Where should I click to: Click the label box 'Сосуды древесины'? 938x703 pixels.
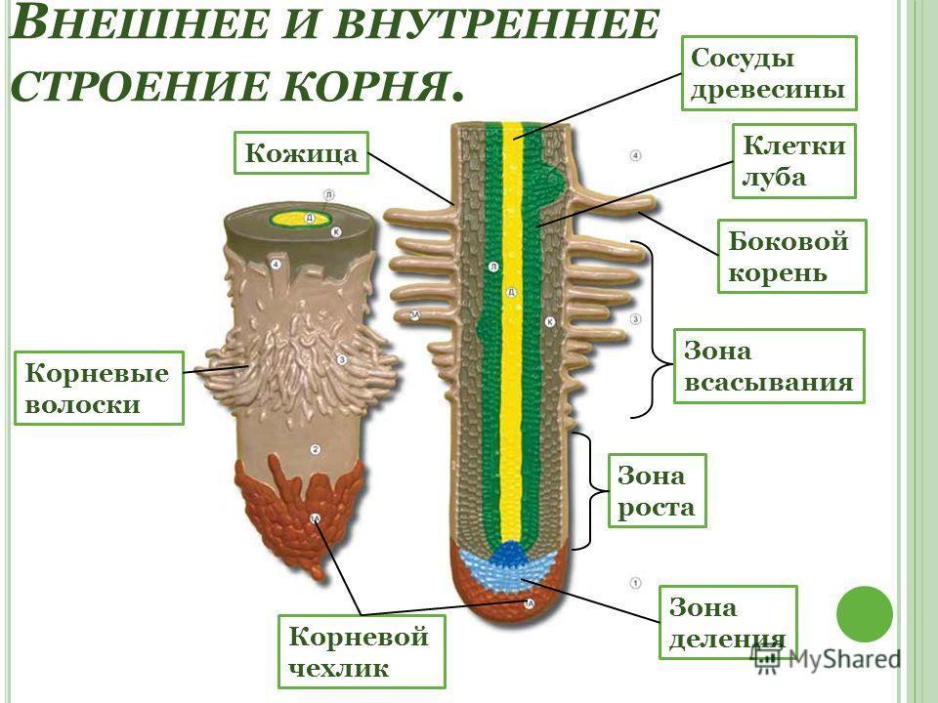[x=768, y=73]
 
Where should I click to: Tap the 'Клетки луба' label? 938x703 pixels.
[x=793, y=161]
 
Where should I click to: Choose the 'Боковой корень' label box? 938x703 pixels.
[x=791, y=256]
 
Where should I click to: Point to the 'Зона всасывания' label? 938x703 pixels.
[x=770, y=366]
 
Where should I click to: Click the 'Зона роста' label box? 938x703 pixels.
[x=656, y=491]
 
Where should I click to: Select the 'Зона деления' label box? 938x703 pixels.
[x=728, y=623]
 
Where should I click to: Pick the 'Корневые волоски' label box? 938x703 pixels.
[x=99, y=388]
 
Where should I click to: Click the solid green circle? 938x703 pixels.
[x=865, y=612]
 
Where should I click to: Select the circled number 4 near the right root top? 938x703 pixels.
[x=635, y=155]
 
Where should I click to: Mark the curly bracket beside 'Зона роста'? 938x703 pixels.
[x=582, y=491]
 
